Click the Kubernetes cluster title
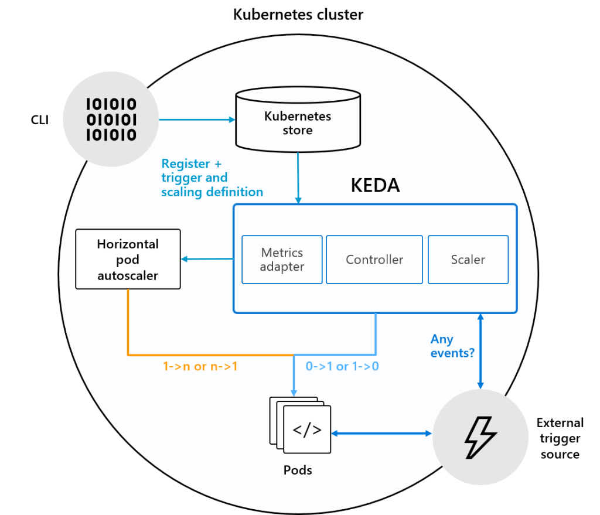[298, 15]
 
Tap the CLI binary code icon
[111, 120]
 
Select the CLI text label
[40, 120]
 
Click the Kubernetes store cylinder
[298, 120]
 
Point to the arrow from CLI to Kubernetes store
[197, 120]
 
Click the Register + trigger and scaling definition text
[212, 178]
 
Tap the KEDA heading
[376, 186]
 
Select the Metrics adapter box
[282, 260]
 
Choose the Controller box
[374, 260]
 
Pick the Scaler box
[468, 260]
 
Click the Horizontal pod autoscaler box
[128, 259]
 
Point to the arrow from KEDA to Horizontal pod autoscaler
[207, 259]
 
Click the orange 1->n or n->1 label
[200, 367]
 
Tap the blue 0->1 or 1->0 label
[342, 367]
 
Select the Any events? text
[452, 346]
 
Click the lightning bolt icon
[480, 437]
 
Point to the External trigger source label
[560, 438]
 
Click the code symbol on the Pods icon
[307, 429]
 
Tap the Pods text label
[298, 470]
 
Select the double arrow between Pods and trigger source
[381, 434]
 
